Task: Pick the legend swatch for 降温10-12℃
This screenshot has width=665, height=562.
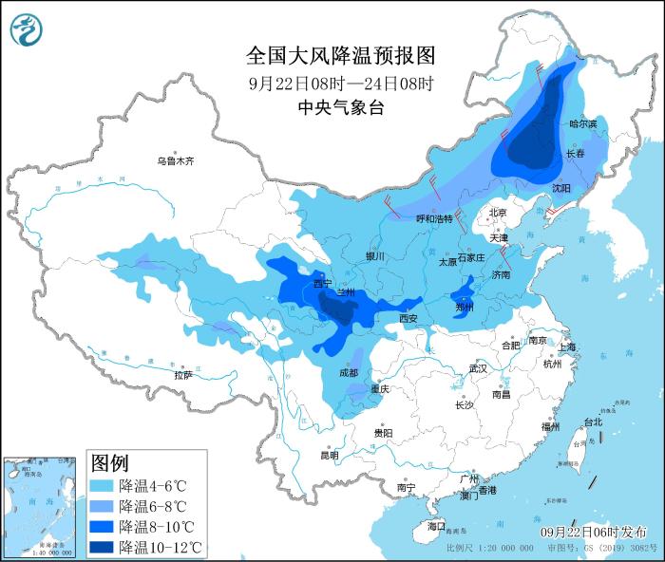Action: tap(102, 547)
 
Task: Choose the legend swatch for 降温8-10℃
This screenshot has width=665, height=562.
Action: tap(102, 527)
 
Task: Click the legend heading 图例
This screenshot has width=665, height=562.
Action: tap(109, 463)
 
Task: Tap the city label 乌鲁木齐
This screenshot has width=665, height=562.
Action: tap(175, 161)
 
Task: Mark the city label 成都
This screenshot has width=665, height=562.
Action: tap(349, 373)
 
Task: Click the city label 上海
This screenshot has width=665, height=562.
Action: tap(568, 347)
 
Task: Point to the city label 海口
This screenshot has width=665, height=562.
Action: tap(435, 525)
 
